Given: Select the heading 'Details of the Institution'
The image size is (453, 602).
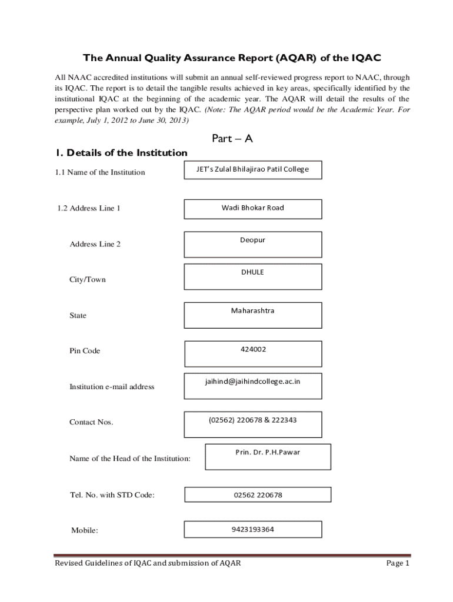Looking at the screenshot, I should click(x=121, y=153).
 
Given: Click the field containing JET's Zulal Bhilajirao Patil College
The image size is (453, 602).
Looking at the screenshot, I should click(x=252, y=169).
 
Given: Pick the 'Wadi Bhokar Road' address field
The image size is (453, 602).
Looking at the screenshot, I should click(x=252, y=208).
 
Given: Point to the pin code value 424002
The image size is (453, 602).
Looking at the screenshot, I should click(x=253, y=349).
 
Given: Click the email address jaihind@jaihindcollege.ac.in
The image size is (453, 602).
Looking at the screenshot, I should click(x=252, y=382).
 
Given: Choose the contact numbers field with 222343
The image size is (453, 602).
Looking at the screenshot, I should click(x=252, y=420).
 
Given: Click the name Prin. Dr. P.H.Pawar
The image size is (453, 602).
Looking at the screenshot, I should click(x=268, y=453).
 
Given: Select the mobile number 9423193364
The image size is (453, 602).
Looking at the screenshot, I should click(x=252, y=529).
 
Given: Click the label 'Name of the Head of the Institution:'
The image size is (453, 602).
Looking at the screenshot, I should click(x=130, y=459).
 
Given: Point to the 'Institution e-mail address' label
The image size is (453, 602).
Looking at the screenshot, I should click(x=112, y=387).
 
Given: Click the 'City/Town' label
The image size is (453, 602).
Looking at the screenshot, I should click(x=88, y=280).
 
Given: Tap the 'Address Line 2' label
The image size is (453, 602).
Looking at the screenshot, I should click(x=95, y=244).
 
